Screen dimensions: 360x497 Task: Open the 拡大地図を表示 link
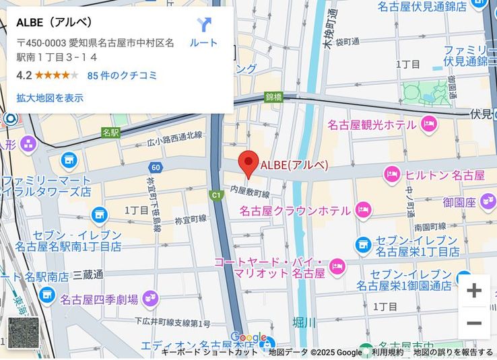coord(50,98)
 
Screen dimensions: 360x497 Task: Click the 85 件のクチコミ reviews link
coord(122,75)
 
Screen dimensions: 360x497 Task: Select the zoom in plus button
coord(474,291)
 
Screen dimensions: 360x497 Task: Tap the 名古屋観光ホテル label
coord(371,125)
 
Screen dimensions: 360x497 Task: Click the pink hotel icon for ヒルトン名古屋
coord(392,175)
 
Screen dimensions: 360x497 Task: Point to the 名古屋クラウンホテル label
coord(294,211)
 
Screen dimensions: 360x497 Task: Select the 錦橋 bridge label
coord(273,97)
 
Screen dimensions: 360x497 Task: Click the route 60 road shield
coord(156,167)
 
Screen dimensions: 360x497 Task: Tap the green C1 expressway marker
coord(216,196)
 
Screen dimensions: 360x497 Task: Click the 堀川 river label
coord(304,323)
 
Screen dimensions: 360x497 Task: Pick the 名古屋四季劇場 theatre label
coord(99,299)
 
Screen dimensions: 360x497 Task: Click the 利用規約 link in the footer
coord(388,353)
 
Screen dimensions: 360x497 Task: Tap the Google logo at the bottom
coord(248,338)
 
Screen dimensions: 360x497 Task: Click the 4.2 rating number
coord(24,75)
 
